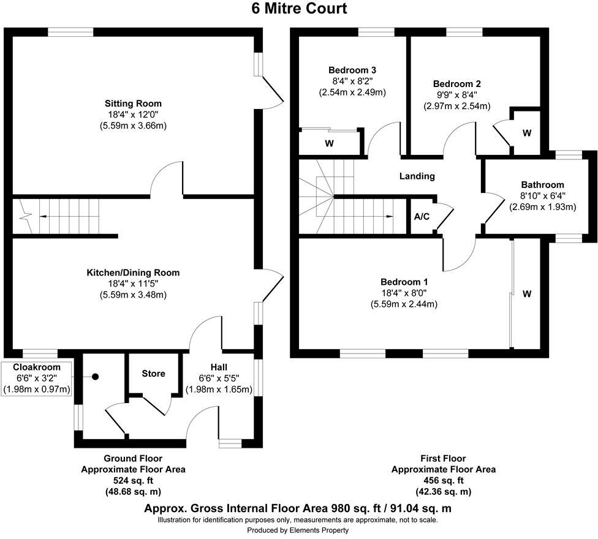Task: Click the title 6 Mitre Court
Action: (298, 9)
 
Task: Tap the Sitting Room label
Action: (133, 104)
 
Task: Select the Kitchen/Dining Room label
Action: (133, 273)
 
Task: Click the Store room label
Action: (153, 373)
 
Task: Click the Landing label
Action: (417, 176)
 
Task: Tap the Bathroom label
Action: (542, 184)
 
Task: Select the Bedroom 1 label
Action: (404, 282)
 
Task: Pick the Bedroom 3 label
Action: (351, 69)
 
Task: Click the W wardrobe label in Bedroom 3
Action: (329, 144)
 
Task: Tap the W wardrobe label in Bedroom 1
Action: (526, 294)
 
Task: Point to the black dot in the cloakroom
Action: (96, 377)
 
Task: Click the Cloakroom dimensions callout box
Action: (37, 379)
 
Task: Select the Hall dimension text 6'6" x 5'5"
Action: (219, 379)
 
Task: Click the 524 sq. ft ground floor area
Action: (133, 481)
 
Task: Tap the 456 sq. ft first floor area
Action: (443, 481)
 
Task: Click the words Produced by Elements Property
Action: (298, 530)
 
